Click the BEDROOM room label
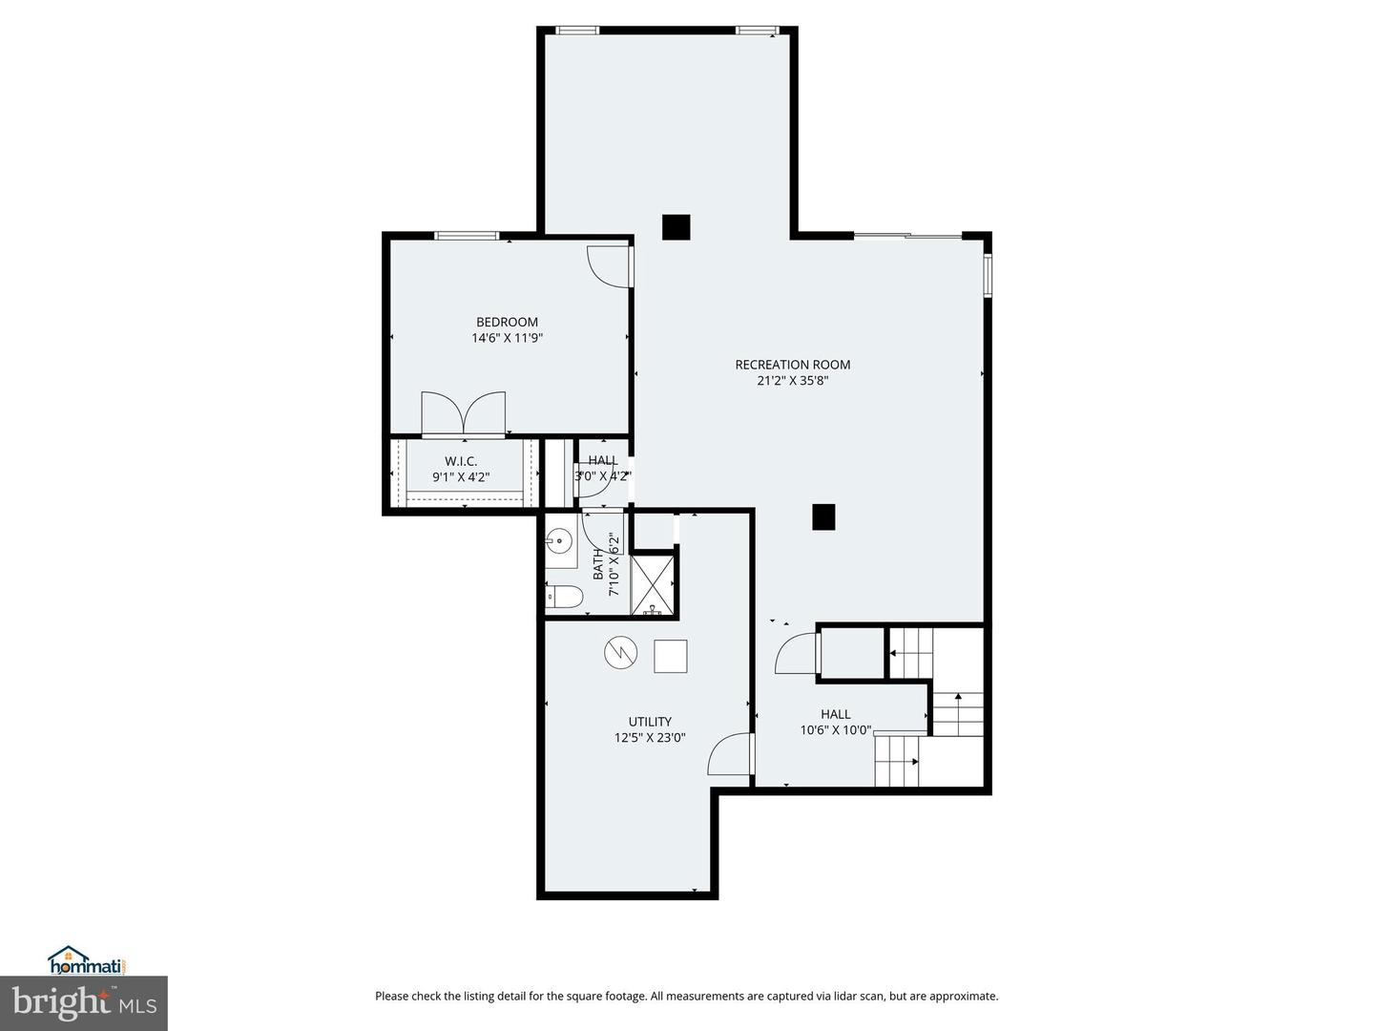[507, 322]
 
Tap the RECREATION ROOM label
[792, 364]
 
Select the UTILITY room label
[650, 722]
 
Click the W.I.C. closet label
[461, 461]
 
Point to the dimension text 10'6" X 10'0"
[836, 730]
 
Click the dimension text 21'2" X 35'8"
[792, 380]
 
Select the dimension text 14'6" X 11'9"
[507, 338]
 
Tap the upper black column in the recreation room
[676, 227]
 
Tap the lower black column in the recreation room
[823, 516]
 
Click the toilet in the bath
[563, 598]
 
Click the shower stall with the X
[654, 584]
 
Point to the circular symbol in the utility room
[619, 653]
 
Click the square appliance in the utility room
[670, 656]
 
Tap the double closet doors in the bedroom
[463, 412]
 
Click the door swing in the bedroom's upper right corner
[607, 266]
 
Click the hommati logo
[87, 960]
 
